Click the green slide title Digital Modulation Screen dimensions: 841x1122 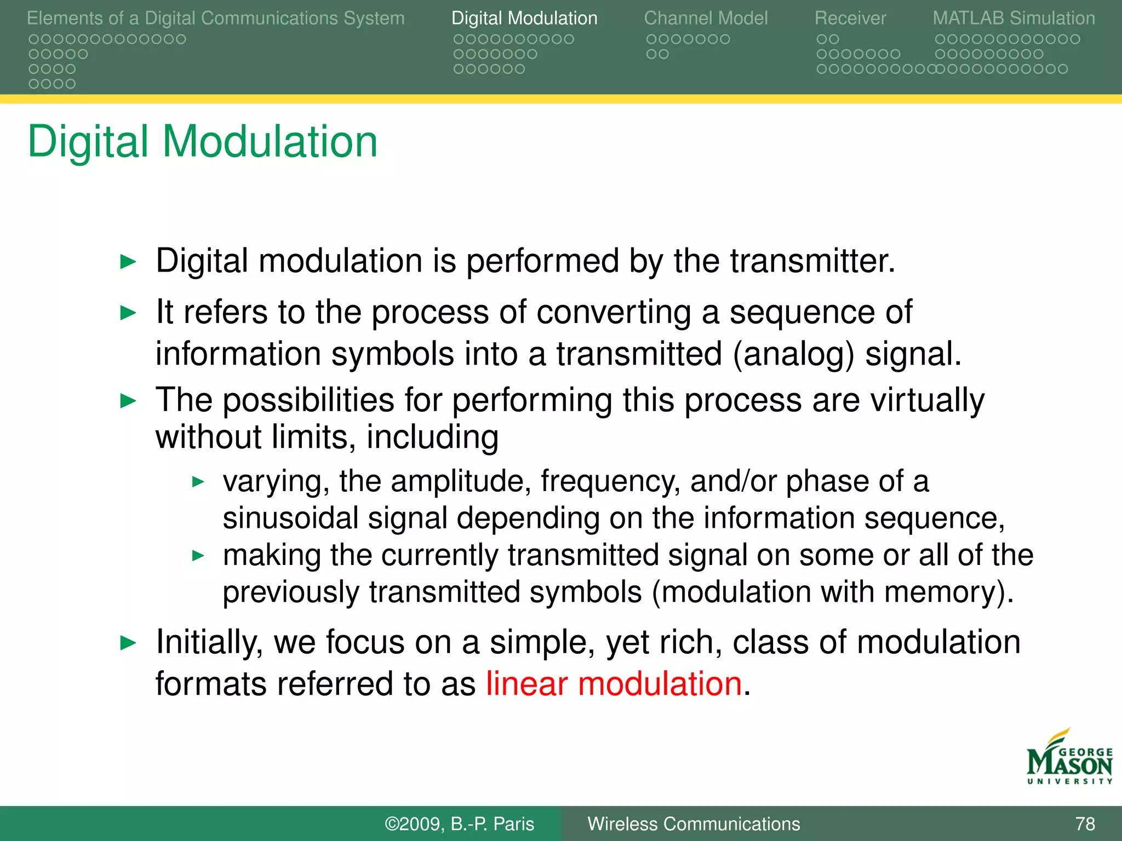click(203, 142)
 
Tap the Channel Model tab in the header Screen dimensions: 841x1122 click(706, 19)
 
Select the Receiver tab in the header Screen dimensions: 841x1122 click(850, 19)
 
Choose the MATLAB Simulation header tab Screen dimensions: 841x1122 click(1014, 19)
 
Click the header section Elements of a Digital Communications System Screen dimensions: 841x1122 click(215, 19)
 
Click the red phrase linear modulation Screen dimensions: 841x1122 click(614, 684)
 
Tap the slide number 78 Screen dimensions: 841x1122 click(1085, 824)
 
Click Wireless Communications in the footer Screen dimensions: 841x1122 click(694, 824)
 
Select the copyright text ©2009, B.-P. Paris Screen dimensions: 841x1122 click(459, 824)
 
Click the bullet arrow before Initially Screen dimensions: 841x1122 click(128, 643)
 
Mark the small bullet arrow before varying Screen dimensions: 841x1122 click(198, 482)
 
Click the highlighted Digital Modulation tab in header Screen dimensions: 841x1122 click(524, 19)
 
